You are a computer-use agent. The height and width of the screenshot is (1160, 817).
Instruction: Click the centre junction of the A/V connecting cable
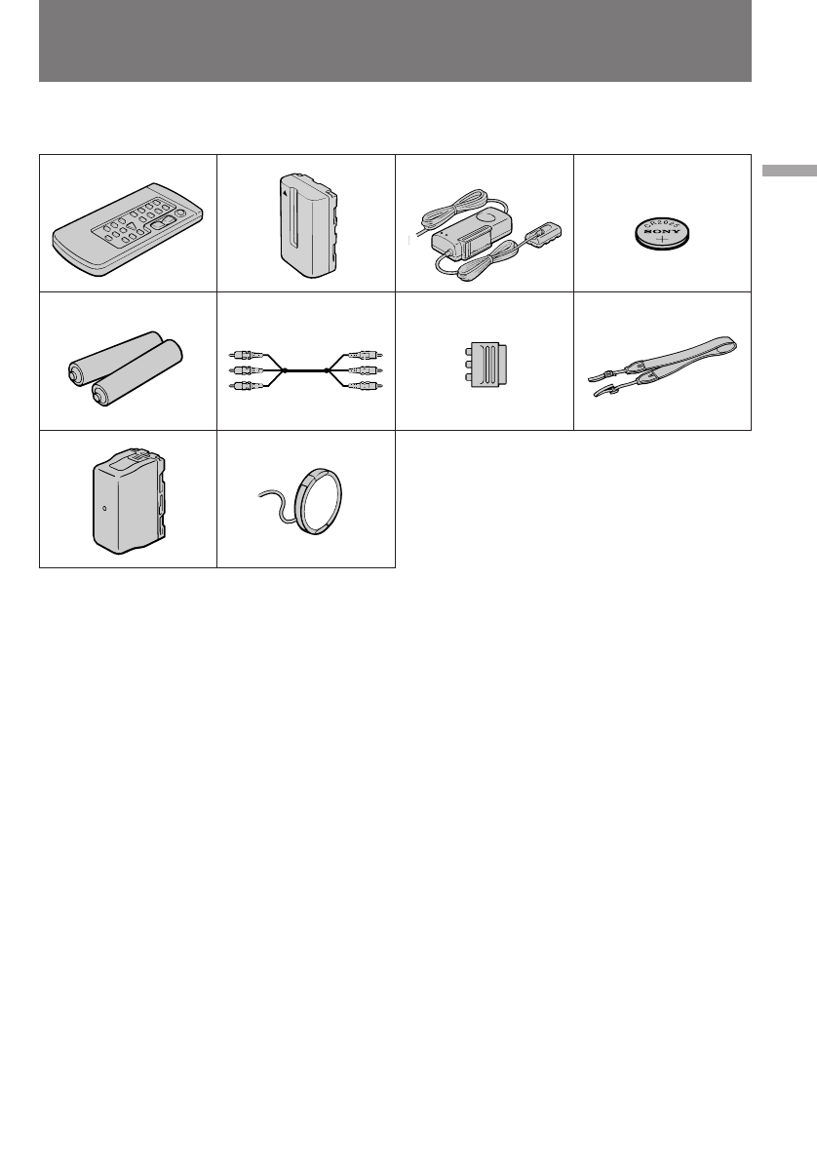(x=305, y=370)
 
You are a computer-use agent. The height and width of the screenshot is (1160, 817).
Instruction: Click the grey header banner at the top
(x=395, y=41)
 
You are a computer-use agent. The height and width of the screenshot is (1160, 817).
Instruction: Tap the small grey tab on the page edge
(x=789, y=171)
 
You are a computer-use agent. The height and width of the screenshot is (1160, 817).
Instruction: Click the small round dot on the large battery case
(x=105, y=507)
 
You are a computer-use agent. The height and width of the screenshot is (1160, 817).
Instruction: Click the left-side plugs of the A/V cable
(x=246, y=371)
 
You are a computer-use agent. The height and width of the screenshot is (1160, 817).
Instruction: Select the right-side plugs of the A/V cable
(x=365, y=371)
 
